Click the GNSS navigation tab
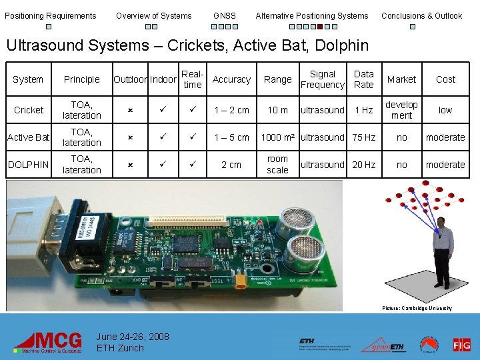coord(225,15)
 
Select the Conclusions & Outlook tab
coord(421,15)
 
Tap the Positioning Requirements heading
coord(51,15)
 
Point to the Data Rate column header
coord(364,79)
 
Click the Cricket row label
coord(29,110)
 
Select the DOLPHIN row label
coord(29,165)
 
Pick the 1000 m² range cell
coord(279,137)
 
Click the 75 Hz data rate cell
coord(364,137)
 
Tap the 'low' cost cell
coord(445,110)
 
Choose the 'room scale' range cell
coord(277,165)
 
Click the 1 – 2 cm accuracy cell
coord(231,110)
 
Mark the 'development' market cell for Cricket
coord(401,110)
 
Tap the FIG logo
coord(461,344)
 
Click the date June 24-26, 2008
coord(133,337)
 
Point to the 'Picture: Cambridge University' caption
coord(417,308)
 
